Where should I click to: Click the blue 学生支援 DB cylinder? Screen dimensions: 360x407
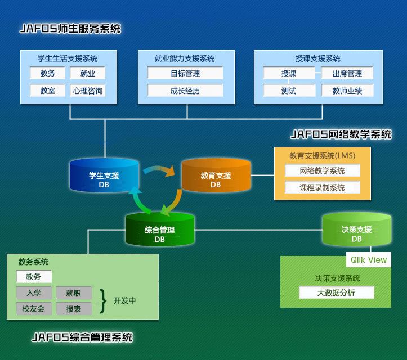(x=104, y=176)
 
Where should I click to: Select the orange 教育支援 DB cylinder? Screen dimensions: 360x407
(x=216, y=176)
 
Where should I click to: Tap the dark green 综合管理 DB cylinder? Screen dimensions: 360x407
(x=160, y=230)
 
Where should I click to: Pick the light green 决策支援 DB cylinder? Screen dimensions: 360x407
(x=356, y=230)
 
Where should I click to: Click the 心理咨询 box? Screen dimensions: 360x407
(x=87, y=90)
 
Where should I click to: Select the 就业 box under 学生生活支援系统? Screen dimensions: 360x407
(x=87, y=73)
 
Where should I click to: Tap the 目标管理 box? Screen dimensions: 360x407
(x=185, y=73)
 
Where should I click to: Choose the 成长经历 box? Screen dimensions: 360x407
(x=185, y=90)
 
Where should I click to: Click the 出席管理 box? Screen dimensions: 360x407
(x=347, y=73)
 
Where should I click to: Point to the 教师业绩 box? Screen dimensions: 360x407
(x=347, y=90)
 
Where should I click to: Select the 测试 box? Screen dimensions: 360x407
(x=288, y=90)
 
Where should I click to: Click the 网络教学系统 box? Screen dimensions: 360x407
(x=322, y=170)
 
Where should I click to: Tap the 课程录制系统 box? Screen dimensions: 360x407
(x=322, y=187)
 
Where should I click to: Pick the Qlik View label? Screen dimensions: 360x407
(x=369, y=259)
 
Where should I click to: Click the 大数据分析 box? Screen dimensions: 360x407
(x=336, y=292)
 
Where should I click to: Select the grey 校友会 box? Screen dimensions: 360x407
(x=34, y=309)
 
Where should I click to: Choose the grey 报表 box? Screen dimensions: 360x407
(x=74, y=309)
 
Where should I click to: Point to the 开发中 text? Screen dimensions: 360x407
(x=124, y=300)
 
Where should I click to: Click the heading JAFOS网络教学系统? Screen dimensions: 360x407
(x=341, y=134)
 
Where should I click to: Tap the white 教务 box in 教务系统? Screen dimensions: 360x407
(x=34, y=277)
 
